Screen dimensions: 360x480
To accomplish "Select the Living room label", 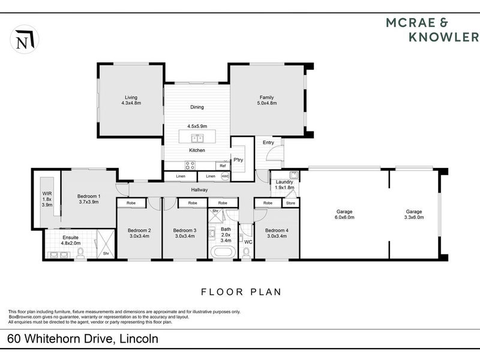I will pos(131,97).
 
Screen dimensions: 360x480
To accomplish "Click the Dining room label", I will pos(197,107).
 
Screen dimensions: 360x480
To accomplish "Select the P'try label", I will pos(238,160).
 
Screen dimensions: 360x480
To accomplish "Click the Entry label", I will pos(268,143).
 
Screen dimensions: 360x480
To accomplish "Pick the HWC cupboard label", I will pos(225,176).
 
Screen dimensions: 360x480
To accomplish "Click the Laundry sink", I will pos(293,175).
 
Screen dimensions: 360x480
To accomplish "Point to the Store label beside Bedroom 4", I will pos(290,203).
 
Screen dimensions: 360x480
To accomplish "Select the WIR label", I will pos(47,193).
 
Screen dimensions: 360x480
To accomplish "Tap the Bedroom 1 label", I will pos(89,196).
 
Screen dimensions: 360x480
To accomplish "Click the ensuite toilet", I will pos(80,254).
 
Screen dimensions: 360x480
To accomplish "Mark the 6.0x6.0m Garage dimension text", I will pos(344,218).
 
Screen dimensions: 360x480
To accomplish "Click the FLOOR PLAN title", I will pos(239,292).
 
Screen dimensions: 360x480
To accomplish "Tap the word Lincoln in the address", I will pos(138,339).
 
